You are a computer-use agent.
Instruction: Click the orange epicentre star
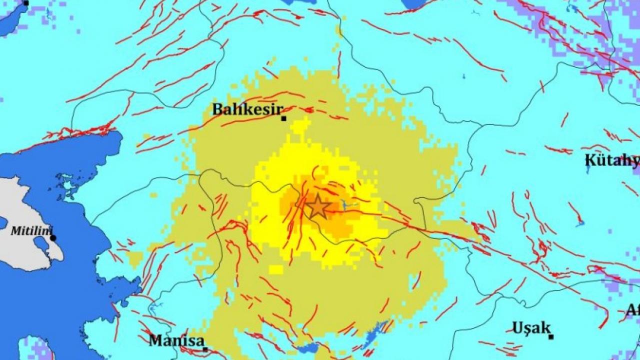318,206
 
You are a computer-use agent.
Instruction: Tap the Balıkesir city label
247,109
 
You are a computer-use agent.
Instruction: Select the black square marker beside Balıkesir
283,118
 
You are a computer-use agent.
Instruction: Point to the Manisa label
176,340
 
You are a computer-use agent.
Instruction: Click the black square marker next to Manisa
205,349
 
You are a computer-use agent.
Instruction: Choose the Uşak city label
531,328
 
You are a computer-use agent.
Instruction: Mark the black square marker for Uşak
550,337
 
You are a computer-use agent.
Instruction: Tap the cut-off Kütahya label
612,160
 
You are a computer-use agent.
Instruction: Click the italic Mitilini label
29,231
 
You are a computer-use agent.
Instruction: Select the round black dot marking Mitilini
53,238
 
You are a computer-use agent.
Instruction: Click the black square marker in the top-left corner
26,3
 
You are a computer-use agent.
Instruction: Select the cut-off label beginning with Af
633,310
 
